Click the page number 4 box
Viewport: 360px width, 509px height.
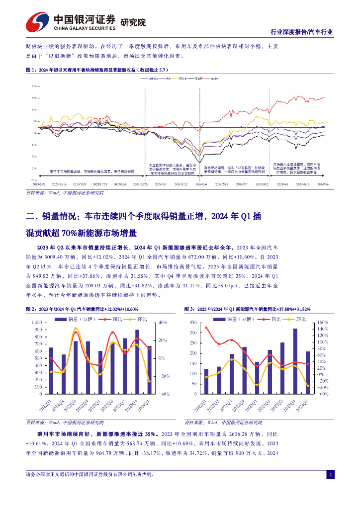(x=330, y=474)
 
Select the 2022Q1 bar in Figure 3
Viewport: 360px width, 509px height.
(x=206, y=381)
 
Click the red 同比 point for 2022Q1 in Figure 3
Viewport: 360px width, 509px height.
(x=206, y=328)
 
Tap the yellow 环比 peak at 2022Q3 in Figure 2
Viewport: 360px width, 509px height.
(x=76, y=328)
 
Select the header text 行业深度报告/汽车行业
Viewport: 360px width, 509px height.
(x=301, y=32)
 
